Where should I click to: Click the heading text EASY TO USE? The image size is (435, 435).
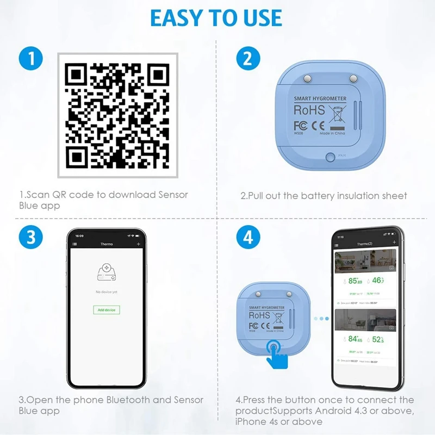(216, 17)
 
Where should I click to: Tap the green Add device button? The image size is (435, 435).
(106, 309)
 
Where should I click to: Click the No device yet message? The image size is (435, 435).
(106, 292)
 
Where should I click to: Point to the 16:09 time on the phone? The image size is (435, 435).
(80, 236)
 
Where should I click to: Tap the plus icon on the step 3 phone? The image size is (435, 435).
(139, 245)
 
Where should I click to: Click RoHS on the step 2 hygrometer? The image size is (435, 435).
(309, 110)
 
